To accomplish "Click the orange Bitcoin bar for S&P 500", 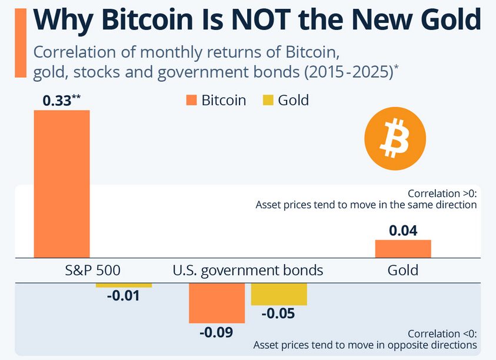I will [62, 184].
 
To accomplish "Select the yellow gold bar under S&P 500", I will [124, 285].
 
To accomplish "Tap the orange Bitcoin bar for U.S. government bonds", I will [217, 302].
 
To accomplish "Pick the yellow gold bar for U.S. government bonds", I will [279, 294].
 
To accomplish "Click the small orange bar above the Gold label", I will [403, 249].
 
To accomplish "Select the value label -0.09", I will [216, 332].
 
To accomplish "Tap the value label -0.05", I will [278, 314].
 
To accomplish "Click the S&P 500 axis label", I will [93, 271].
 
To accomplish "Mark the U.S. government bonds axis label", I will [248, 271].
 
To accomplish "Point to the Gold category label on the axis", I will [403, 271].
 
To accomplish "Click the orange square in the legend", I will [191, 101].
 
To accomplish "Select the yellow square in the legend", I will [268, 101].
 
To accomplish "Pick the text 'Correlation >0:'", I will [441, 194].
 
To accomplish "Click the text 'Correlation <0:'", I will [442, 334].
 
